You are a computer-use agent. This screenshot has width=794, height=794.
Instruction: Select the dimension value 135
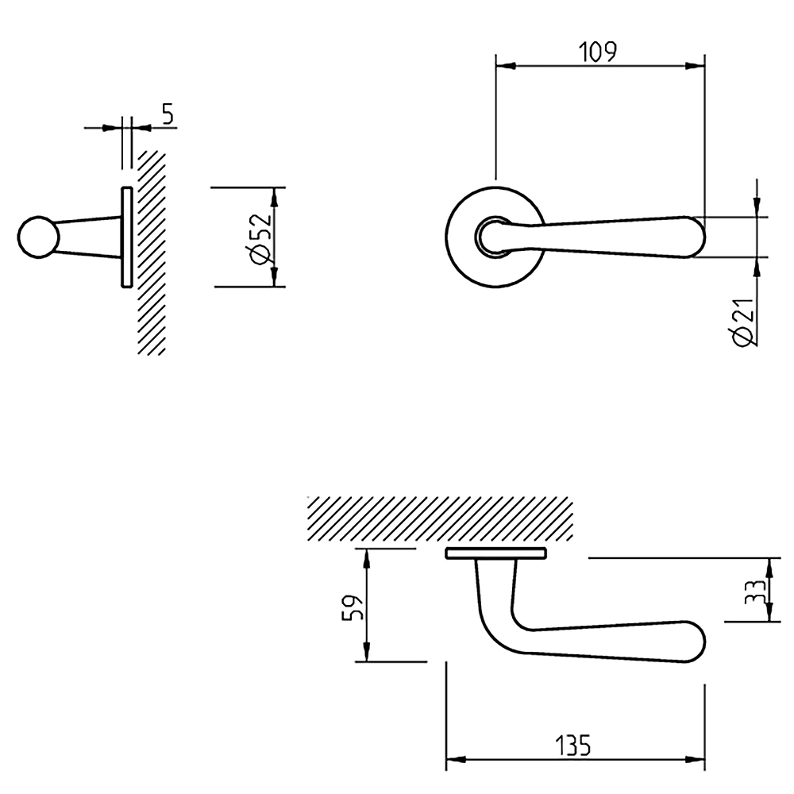(x=572, y=746)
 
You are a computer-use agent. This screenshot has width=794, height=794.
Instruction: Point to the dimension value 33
(x=755, y=591)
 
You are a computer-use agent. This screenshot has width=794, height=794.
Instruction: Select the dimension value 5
(x=167, y=114)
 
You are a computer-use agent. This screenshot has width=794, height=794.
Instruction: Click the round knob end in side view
(x=37, y=237)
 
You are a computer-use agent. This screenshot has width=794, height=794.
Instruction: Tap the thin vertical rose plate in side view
(x=126, y=237)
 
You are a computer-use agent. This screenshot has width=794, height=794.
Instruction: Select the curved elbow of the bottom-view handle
(x=496, y=631)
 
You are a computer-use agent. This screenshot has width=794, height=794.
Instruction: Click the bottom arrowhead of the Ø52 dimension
(x=275, y=279)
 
